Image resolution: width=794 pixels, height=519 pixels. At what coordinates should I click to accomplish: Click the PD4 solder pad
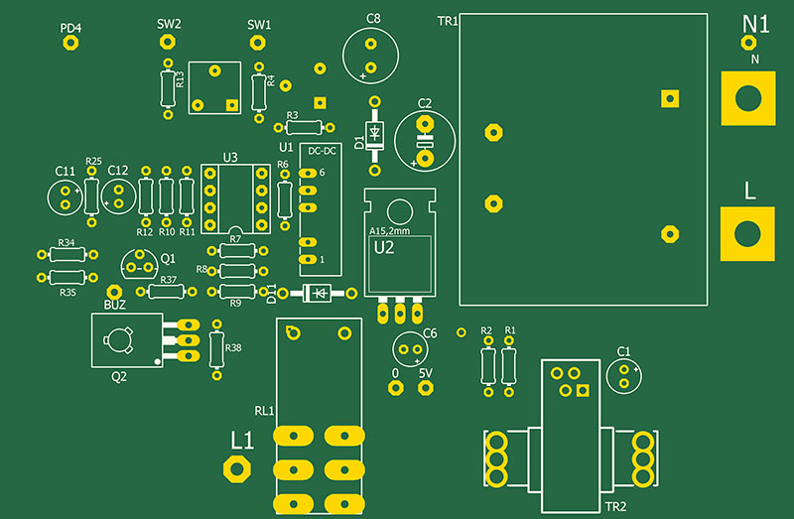pyautogui.click(x=69, y=44)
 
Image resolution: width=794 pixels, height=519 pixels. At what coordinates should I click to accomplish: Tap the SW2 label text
pyautogui.click(x=169, y=23)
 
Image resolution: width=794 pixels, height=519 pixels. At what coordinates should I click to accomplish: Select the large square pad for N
pyautogui.click(x=745, y=98)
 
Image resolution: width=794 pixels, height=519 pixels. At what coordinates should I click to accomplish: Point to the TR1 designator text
pyautogui.click(x=448, y=22)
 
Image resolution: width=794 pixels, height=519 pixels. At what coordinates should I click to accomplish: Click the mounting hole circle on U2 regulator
pyautogui.click(x=399, y=210)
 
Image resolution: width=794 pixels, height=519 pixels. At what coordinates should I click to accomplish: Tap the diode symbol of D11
pyautogui.click(x=320, y=293)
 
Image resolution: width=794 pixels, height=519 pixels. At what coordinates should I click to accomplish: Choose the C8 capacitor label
pyautogui.click(x=373, y=19)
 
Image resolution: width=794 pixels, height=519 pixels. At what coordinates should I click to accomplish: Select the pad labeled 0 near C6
pyautogui.click(x=396, y=388)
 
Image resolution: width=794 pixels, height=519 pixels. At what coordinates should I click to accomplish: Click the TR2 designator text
pyautogui.click(x=616, y=507)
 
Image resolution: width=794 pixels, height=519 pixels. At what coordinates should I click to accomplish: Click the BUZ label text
pyautogui.click(x=115, y=305)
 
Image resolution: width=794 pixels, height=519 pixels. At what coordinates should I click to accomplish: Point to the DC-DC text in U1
pyautogui.click(x=324, y=151)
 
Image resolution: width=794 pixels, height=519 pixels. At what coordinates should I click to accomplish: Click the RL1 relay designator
pyautogui.click(x=265, y=410)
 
